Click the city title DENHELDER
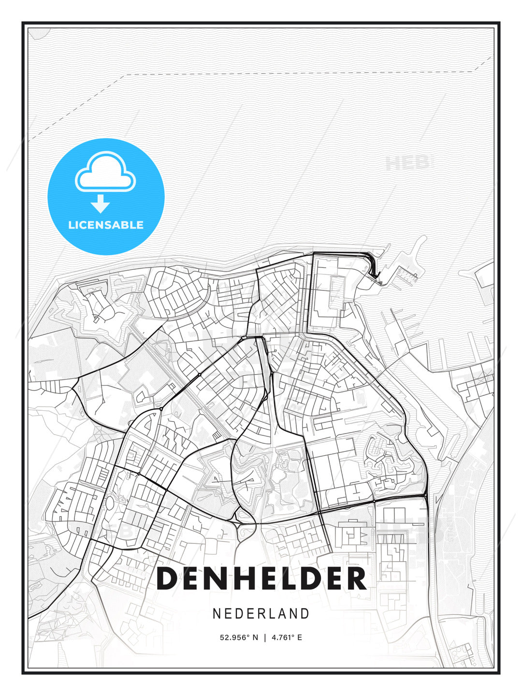click(x=261, y=579)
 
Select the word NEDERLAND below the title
click(x=261, y=614)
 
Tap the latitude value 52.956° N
click(x=239, y=638)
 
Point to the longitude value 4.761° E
click(x=287, y=638)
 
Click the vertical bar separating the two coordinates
click(x=265, y=638)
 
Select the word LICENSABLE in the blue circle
click(x=106, y=225)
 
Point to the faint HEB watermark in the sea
click(x=408, y=163)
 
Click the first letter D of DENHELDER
click(x=168, y=579)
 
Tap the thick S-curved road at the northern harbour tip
click(x=372, y=265)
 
